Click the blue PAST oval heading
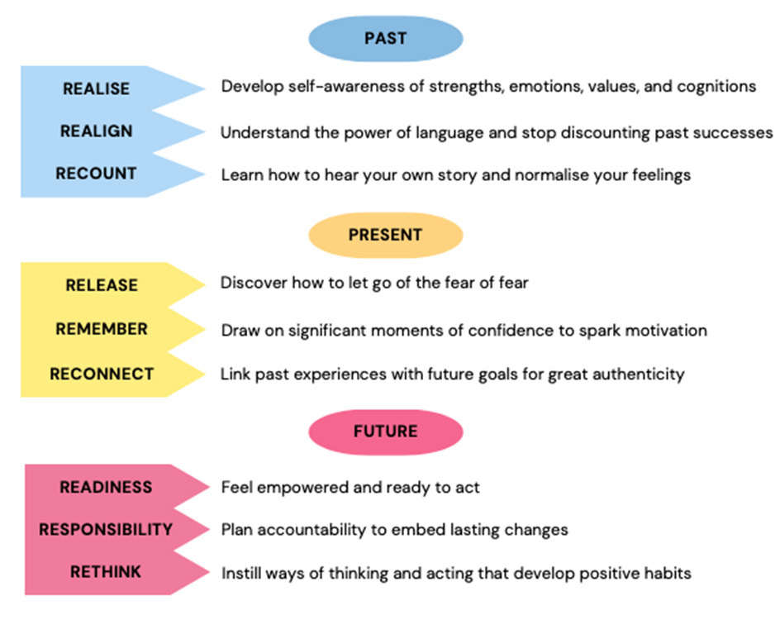click(x=386, y=39)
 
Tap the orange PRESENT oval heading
click(x=386, y=235)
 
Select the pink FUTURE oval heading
click(x=386, y=432)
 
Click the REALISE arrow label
click(x=96, y=88)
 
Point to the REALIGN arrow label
click(x=96, y=131)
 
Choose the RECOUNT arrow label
click(x=96, y=173)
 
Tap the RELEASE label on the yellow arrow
click(x=102, y=285)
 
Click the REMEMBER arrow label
click(x=102, y=329)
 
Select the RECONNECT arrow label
click(x=102, y=374)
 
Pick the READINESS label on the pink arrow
click(x=106, y=487)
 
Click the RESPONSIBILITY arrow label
click(x=106, y=529)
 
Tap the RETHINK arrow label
click(x=106, y=572)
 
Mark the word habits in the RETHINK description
click(x=668, y=573)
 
